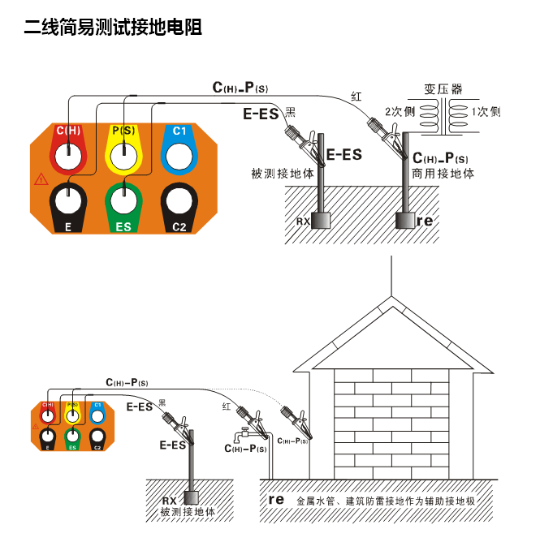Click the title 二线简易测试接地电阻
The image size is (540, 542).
[x=113, y=28]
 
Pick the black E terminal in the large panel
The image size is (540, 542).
[x=69, y=203]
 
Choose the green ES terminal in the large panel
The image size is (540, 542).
[x=123, y=203]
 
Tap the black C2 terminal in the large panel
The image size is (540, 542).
[x=179, y=203]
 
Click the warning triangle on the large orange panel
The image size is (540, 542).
[x=41, y=179]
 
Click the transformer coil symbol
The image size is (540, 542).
[x=443, y=118]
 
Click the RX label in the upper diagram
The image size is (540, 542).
[x=302, y=221]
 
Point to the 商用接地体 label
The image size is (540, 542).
[x=443, y=174]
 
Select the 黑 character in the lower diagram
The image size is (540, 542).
[x=162, y=402]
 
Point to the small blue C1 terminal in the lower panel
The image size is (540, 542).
[x=97, y=414]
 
